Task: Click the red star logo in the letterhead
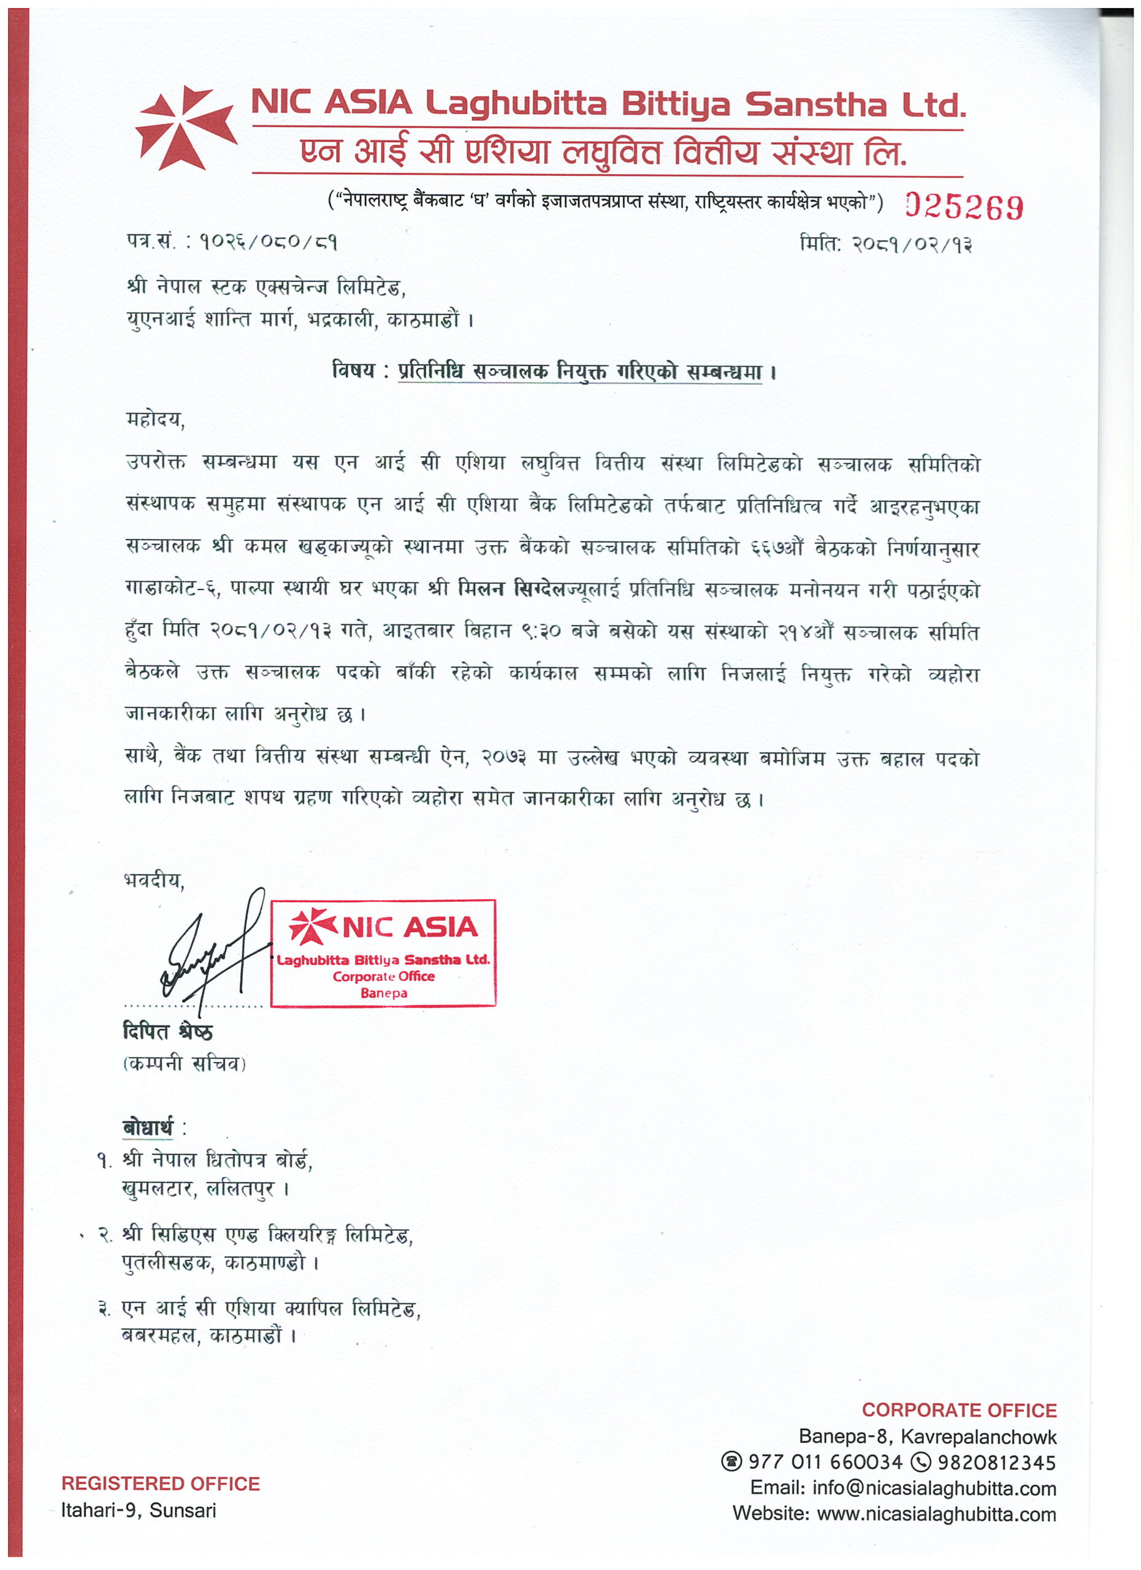185,128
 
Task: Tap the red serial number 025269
963,207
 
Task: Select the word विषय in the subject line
353,371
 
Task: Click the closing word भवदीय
154,881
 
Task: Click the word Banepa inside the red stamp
383,993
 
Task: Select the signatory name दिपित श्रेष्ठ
167,1032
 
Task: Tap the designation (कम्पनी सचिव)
184,1063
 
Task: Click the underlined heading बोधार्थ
147,1128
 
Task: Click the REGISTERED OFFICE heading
161,1484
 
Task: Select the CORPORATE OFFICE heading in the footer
959,1410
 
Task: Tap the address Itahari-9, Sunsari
139,1510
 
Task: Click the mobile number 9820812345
996,1462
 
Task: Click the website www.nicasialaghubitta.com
936,1514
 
